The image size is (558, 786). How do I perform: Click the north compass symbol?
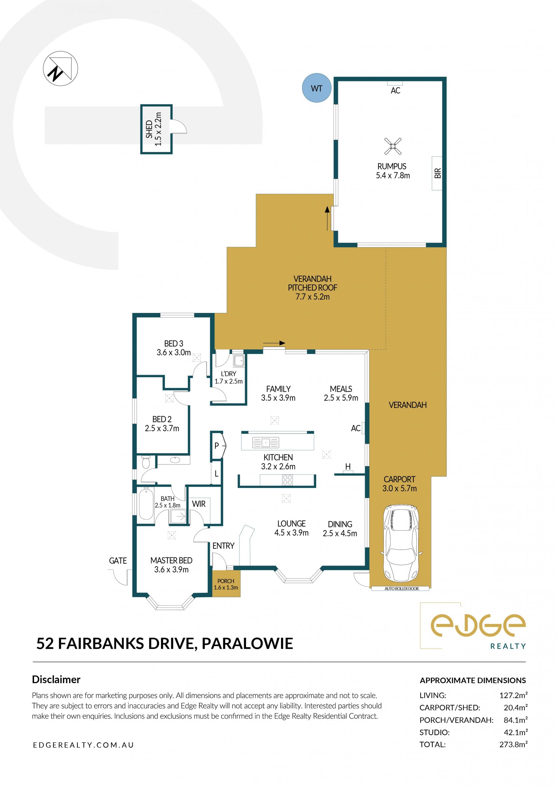pyautogui.click(x=60, y=68)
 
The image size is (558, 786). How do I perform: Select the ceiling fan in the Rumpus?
pyautogui.click(x=393, y=146)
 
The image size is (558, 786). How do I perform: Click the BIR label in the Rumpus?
pyautogui.click(x=437, y=173)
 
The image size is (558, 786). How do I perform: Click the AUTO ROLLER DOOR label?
pyautogui.click(x=401, y=588)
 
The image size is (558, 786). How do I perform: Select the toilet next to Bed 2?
pyautogui.click(x=146, y=462)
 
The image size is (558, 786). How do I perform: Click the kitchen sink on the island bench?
pyautogui.click(x=266, y=443)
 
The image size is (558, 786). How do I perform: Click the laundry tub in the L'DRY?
pyautogui.click(x=239, y=361)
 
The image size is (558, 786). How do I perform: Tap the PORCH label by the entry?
pyautogui.click(x=226, y=581)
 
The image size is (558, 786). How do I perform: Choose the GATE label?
pyautogui.click(x=118, y=561)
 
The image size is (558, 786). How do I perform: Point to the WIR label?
pyautogui.click(x=198, y=504)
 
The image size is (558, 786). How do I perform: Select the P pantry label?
pyautogui.click(x=217, y=445)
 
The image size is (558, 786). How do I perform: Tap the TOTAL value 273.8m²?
pyautogui.click(x=513, y=744)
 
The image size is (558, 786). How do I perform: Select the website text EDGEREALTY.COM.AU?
pyautogui.click(x=83, y=745)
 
